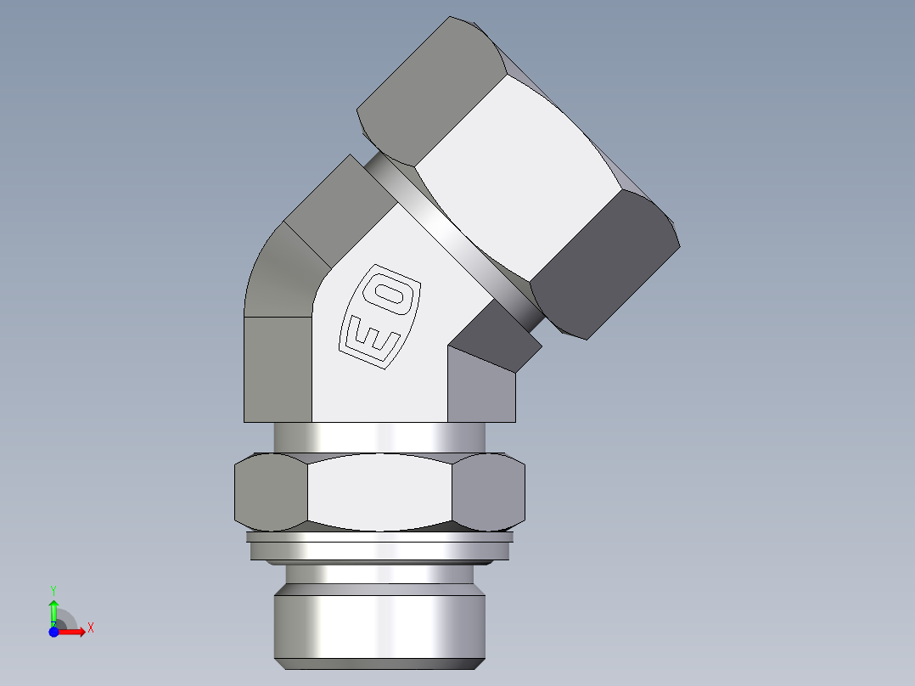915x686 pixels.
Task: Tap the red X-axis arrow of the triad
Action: click(75, 631)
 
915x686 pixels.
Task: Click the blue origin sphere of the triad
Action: click(54, 631)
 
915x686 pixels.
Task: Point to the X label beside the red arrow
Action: click(91, 628)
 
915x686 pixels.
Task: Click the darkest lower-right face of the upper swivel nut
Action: click(603, 263)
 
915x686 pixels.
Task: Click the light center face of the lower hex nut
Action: click(379, 492)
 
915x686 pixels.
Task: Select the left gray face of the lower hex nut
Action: click(270, 492)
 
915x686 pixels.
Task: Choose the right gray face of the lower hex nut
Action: click(488, 492)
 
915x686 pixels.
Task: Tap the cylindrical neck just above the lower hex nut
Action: click(379, 437)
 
